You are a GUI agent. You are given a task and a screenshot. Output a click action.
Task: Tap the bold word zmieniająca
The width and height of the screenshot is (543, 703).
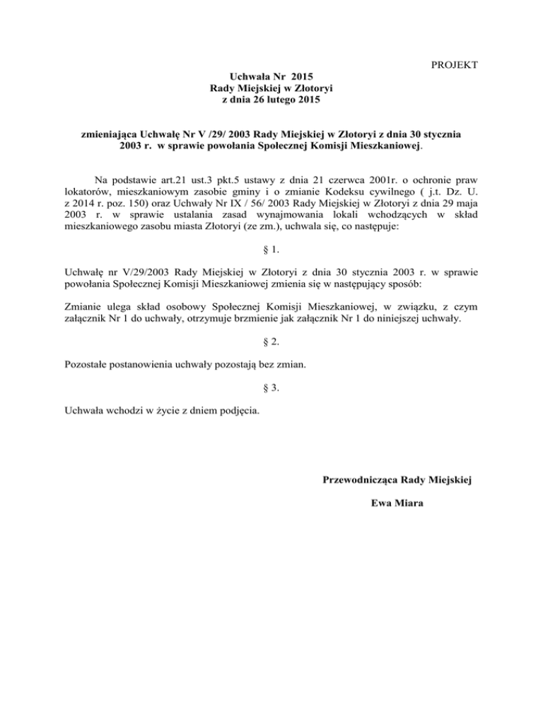[x=112, y=134]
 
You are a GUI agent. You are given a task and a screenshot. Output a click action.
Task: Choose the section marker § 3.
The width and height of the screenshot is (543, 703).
[x=271, y=388]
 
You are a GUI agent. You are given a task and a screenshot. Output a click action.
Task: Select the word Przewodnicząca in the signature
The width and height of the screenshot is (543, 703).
[x=360, y=481]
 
